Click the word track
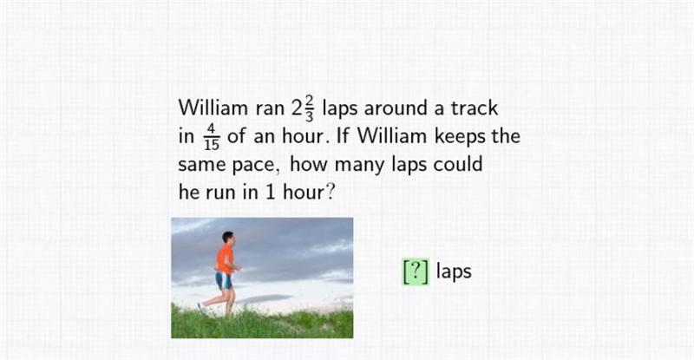(x=474, y=108)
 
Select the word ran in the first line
(x=270, y=109)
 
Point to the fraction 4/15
(x=212, y=137)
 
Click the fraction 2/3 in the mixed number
(x=309, y=108)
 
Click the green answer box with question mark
(x=416, y=272)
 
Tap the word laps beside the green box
(x=454, y=271)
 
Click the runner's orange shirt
(x=225, y=259)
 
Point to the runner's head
(x=228, y=238)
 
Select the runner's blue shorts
(x=224, y=280)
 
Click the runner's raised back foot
(x=201, y=306)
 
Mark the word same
(x=203, y=165)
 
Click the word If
(x=343, y=135)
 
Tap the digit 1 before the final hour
(x=271, y=193)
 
